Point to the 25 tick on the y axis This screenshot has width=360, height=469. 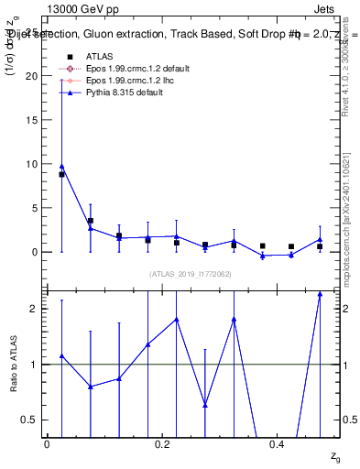pos(34,33)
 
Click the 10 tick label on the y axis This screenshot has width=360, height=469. pos(34,164)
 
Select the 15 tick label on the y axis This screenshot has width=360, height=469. pos(34,121)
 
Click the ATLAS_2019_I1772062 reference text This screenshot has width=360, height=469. pos(190,274)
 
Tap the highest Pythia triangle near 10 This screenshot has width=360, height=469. pos(61,167)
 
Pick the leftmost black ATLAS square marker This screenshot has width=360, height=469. pos(61,174)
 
